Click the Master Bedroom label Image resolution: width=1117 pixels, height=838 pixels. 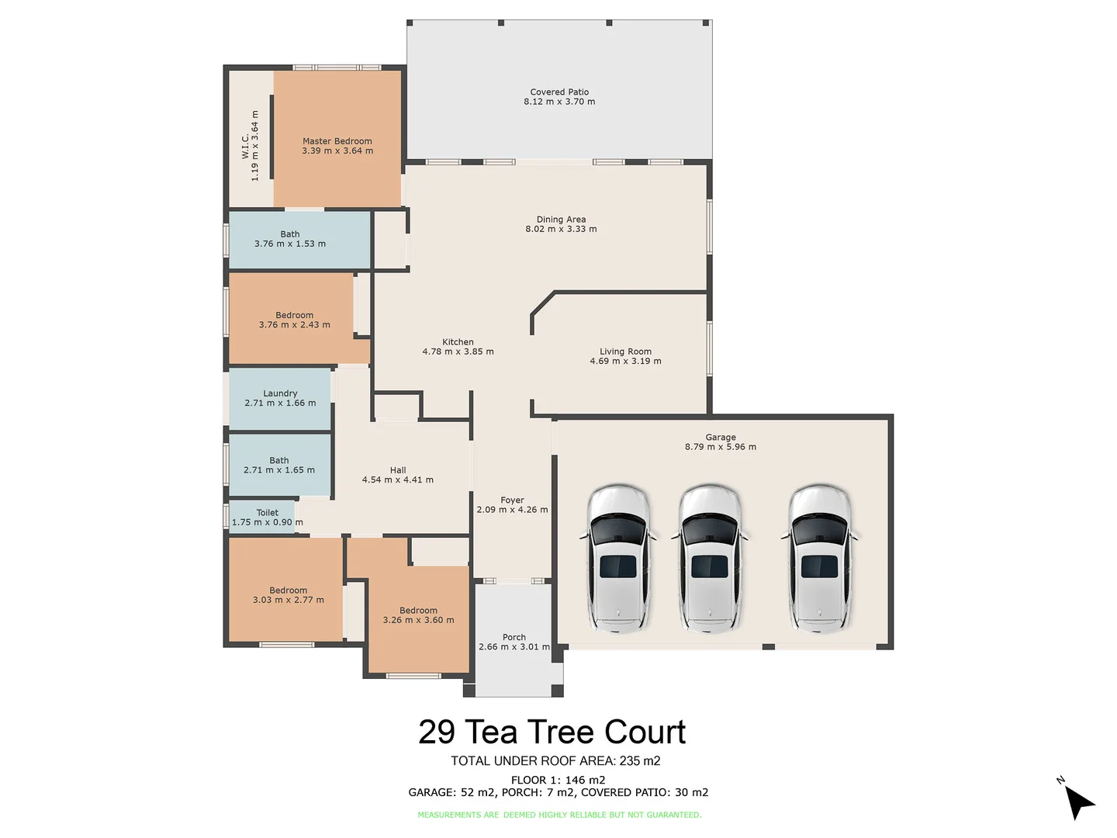click(x=337, y=141)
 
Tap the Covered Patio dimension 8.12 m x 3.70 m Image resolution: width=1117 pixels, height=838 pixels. click(x=559, y=102)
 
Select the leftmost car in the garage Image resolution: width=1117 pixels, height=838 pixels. click(x=618, y=556)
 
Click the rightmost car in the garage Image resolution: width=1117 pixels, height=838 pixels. click(x=820, y=556)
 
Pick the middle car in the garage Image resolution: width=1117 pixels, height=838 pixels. click(x=710, y=556)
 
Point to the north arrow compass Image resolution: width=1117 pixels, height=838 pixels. click(x=1077, y=800)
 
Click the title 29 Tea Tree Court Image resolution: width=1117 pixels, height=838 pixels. click(x=552, y=732)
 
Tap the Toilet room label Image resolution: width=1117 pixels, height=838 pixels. click(x=268, y=513)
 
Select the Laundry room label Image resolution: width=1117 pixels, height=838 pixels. click(x=280, y=393)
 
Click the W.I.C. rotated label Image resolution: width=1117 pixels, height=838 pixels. click(x=246, y=146)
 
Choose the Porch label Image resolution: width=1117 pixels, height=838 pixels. click(x=514, y=637)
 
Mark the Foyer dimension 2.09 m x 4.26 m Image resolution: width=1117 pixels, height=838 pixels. click(x=512, y=510)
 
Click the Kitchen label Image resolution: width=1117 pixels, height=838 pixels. click(x=458, y=342)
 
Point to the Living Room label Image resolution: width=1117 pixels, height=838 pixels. click(x=625, y=351)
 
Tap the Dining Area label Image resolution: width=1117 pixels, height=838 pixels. click(x=561, y=220)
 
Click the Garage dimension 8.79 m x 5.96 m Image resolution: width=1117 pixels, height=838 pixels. click(x=720, y=447)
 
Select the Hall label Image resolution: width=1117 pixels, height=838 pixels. click(x=398, y=470)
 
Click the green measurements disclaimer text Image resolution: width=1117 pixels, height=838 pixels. click(x=558, y=815)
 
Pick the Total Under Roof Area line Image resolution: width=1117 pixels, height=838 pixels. click(x=555, y=761)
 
